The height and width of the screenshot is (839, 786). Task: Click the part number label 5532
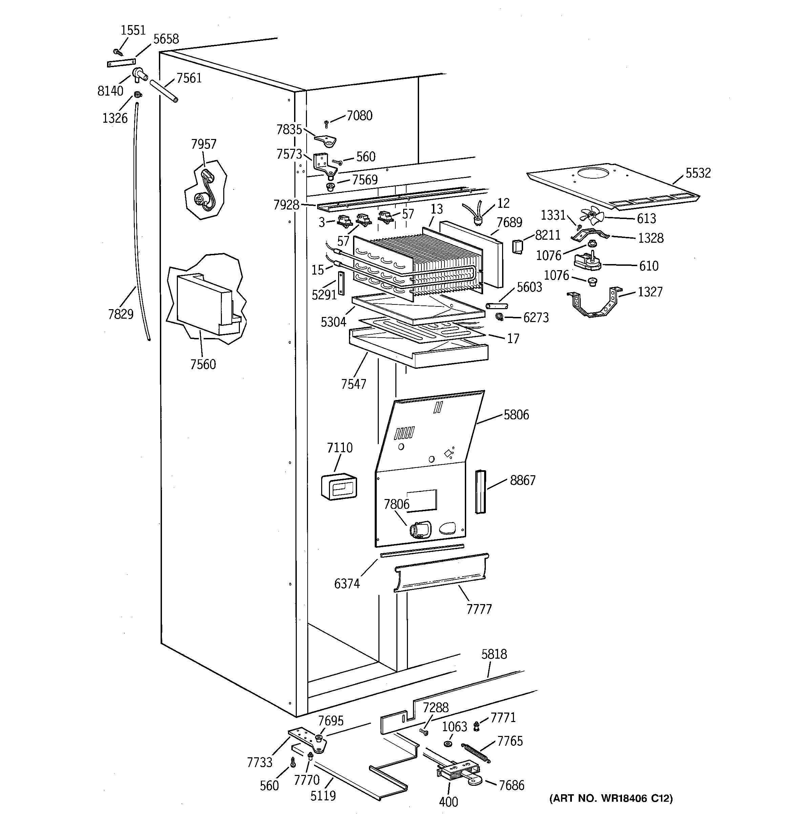coord(698,173)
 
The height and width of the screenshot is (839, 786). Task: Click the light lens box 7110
coord(339,486)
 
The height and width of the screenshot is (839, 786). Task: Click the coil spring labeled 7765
coord(476,753)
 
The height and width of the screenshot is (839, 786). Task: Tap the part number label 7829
coord(121,314)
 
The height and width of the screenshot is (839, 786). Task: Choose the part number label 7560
coord(203,364)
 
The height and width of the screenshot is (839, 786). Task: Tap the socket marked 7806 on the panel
coord(420,529)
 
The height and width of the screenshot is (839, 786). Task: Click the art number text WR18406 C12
coord(611,798)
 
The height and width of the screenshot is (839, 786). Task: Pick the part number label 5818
coord(494,654)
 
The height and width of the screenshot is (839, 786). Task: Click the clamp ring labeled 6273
coord(499,317)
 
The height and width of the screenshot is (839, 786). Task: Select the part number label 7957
coord(204,144)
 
